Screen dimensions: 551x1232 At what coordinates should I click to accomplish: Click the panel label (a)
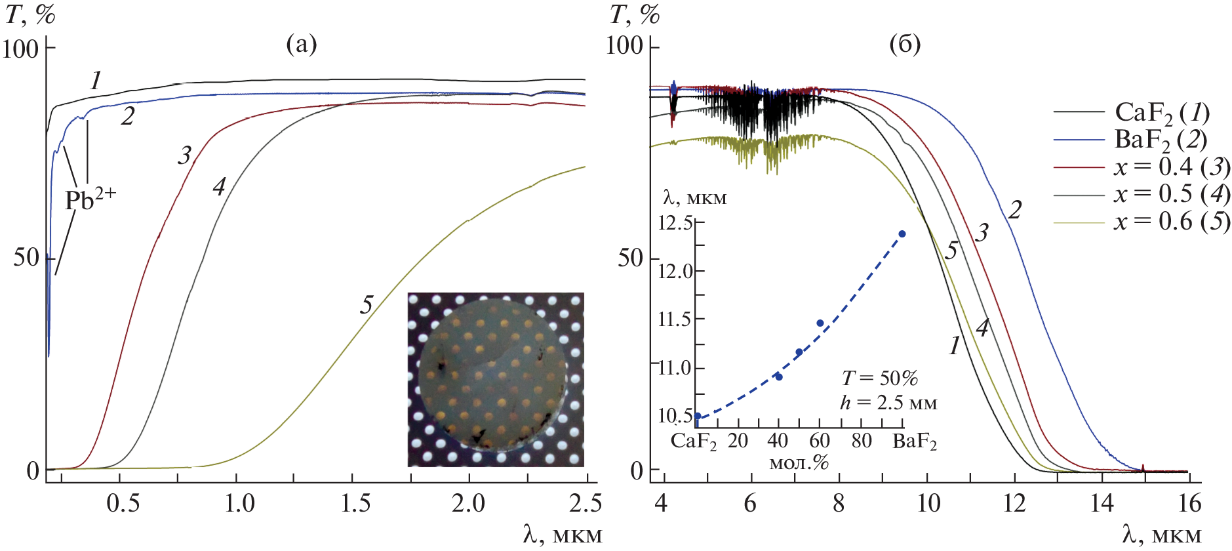click(302, 45)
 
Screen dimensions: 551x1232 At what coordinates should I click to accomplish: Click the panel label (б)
click(905, 45)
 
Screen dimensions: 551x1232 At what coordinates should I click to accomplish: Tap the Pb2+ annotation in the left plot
click(90, 199)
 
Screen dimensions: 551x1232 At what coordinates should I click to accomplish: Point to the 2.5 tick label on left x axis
click(586, 504)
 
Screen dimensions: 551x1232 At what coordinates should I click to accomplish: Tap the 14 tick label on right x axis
click(1102, 504)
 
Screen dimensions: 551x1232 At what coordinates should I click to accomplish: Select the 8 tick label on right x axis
click(838, 504)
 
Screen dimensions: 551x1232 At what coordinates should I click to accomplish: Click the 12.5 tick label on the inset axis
click(675, 223)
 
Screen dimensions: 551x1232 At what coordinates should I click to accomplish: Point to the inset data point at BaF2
click(902, 234)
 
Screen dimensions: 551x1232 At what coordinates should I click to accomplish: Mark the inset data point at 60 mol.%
click(820, 323)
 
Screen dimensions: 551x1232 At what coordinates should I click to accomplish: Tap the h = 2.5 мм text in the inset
click(888, 402)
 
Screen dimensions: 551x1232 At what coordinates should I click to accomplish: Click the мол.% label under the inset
click(799, 463)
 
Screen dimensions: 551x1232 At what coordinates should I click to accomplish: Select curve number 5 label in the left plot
click(366, 304)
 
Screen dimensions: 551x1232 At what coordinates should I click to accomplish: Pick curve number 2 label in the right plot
click(1014, 210)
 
